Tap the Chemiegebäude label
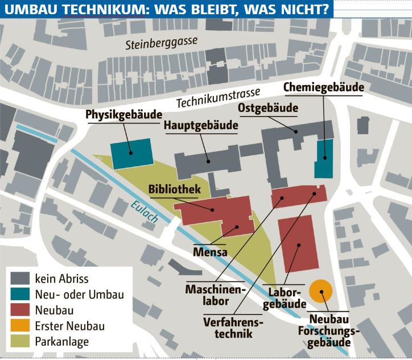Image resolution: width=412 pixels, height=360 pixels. (x=323, y=88)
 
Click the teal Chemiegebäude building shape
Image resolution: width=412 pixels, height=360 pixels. (x=323, y=159)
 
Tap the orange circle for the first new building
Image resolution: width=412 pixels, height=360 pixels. (x=321, y=292)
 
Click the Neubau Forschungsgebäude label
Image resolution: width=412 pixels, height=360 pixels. (x=329, y=332)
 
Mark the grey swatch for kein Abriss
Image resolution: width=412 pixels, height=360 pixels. (x=20, y=279)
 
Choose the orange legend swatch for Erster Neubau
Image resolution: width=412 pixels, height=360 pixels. (x=20, y=326)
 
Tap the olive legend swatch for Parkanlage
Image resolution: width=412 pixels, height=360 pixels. (x=20, y=342)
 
